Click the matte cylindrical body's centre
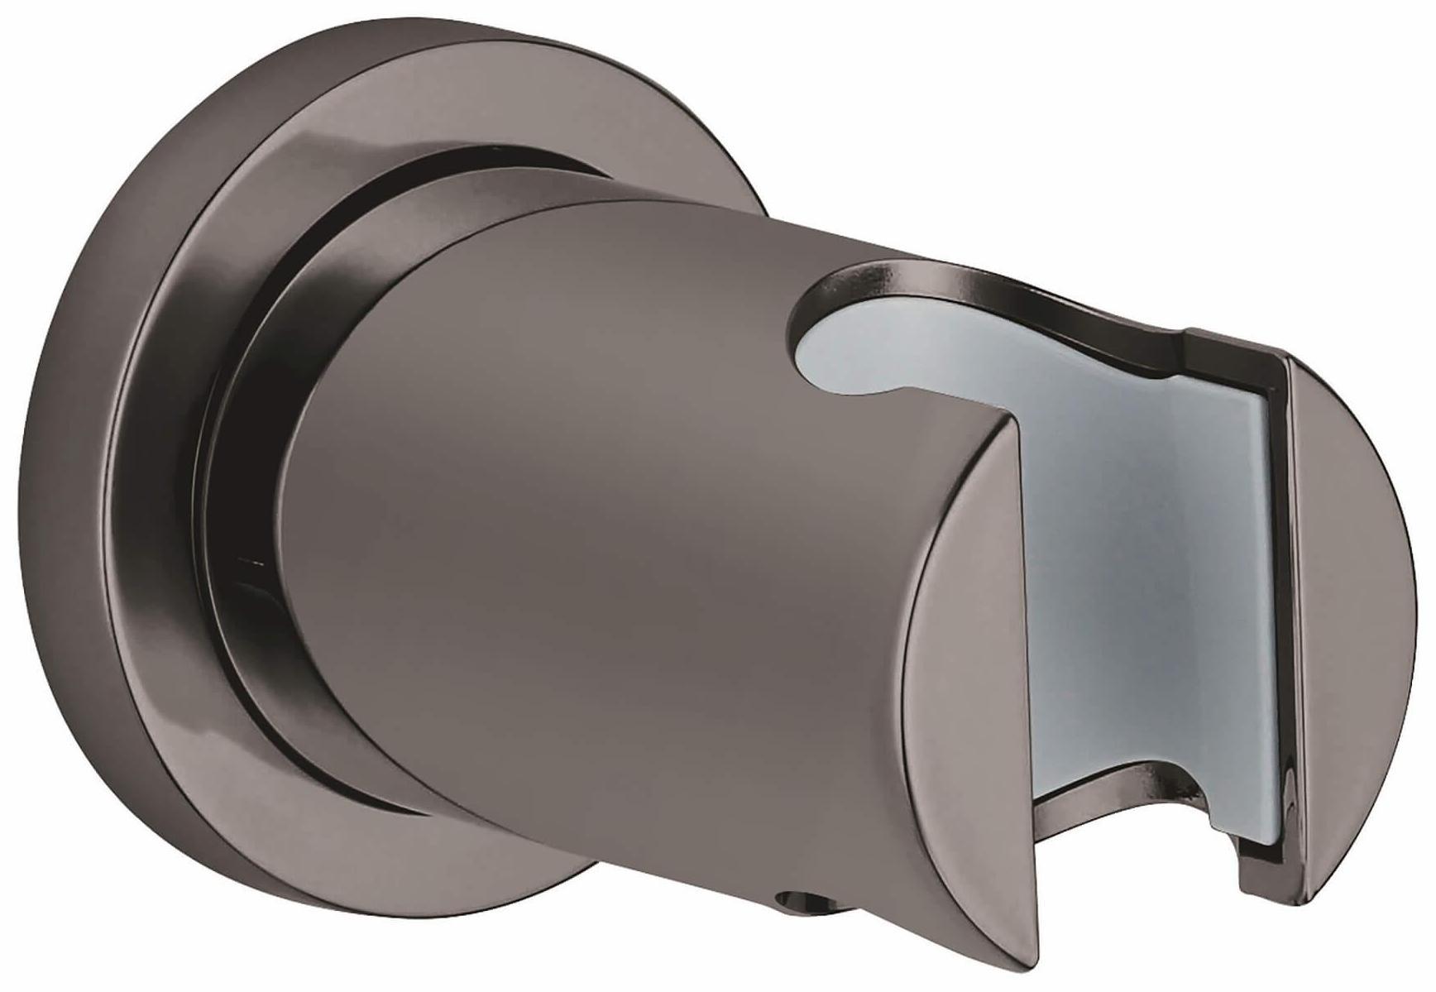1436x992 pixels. click(579, 530)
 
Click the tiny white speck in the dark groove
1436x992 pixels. click(241, 563)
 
